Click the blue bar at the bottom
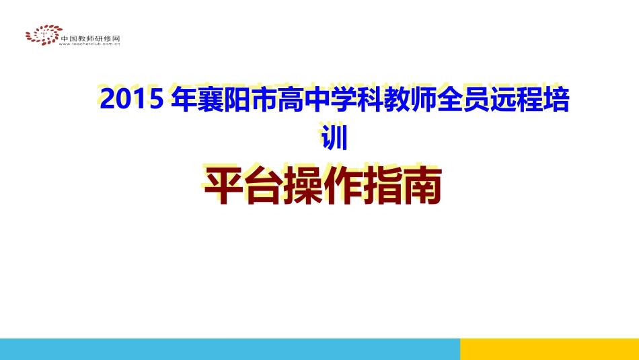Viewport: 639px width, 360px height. pos(229,349)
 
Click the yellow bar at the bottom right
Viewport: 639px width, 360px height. pos(549,349)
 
